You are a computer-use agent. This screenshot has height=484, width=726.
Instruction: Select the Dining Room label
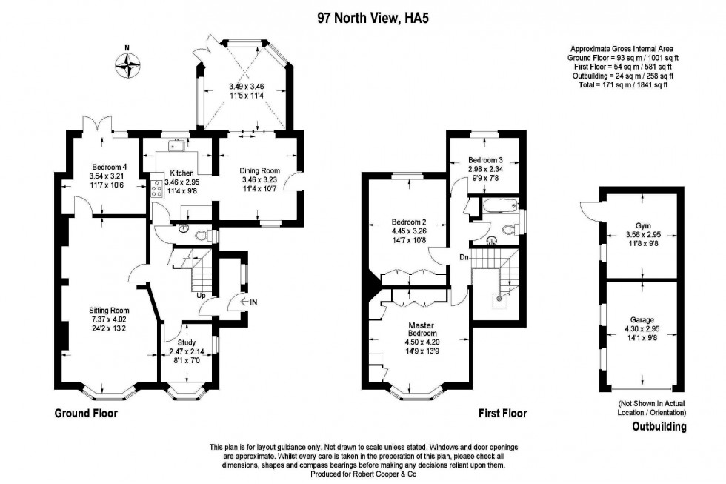[259, 170]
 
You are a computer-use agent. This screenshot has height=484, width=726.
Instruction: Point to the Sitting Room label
[109, 310]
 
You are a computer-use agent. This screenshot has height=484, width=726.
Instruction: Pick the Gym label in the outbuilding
[642, 226]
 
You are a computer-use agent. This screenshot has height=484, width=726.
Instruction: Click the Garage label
[641, 321]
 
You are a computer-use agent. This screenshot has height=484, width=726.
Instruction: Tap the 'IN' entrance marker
[253, 302]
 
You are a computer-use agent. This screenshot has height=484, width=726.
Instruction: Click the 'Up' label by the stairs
[200, 296]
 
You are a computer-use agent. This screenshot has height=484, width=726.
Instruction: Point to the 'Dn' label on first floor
[464, 257]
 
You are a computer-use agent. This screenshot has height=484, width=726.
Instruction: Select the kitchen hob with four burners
[157, 190]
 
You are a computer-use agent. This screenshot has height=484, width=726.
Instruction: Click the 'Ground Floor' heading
[86, 413]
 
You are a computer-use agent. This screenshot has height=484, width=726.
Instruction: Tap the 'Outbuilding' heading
[659, 427]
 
